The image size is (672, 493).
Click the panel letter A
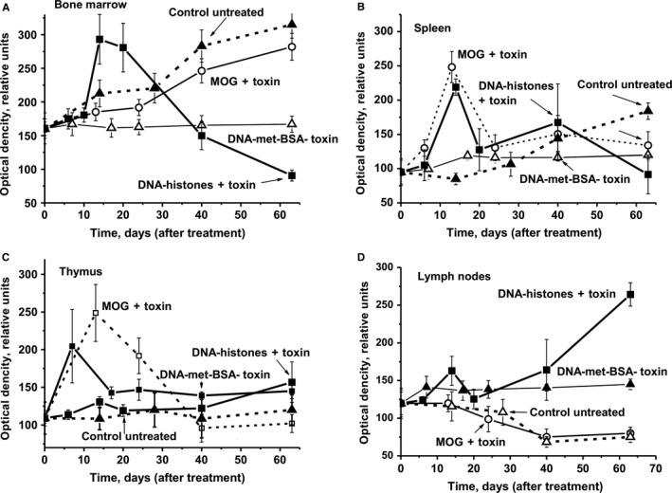(8, 6)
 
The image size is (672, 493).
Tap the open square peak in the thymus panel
(96, 313)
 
